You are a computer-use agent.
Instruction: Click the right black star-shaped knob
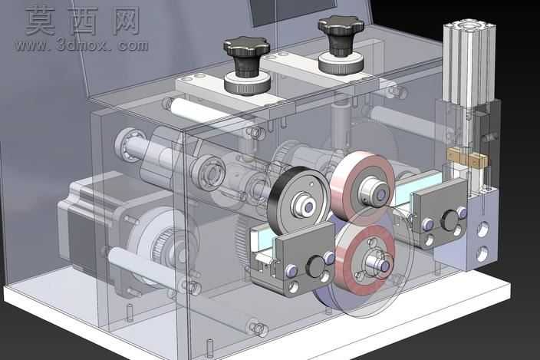(341, 33)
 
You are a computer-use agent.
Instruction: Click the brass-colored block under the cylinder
(467, 157)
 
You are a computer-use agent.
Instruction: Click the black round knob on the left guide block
(315, 266)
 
